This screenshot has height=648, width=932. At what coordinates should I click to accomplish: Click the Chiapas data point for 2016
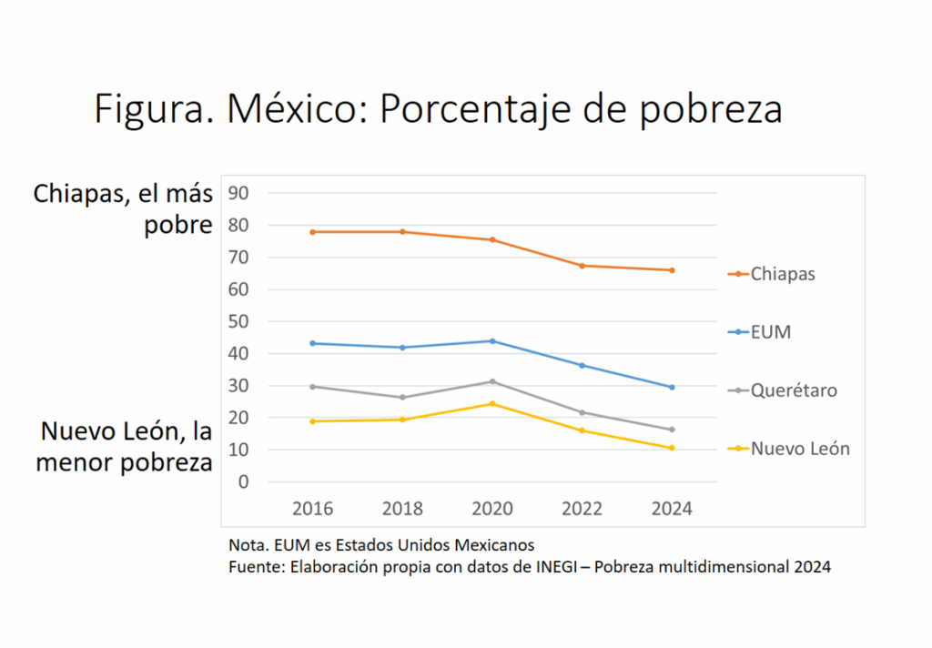(312, 232)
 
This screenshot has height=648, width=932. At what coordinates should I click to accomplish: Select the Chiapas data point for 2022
(582, 266)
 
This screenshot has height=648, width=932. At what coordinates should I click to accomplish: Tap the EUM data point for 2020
(492, 341)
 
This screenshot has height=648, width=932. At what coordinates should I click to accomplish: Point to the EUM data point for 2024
(672, 387)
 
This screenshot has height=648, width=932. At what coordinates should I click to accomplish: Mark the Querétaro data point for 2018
(402, 397)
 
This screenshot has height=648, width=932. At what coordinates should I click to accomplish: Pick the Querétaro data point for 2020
(492, 381)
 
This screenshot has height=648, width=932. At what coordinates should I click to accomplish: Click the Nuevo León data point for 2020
(492, 403)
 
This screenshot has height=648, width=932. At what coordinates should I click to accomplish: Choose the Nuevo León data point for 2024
(672, 448)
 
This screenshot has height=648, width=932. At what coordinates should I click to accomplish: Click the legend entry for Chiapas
(782, 274)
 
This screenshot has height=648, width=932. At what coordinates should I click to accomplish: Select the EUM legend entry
(770, 332)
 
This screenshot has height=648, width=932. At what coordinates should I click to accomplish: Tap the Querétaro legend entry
(793, 390)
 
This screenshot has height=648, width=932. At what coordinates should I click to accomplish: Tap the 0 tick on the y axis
(243, 481)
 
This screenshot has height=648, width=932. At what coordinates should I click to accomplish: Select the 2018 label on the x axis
(402, 508)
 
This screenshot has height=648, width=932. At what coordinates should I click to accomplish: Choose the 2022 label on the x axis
(582, 508)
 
